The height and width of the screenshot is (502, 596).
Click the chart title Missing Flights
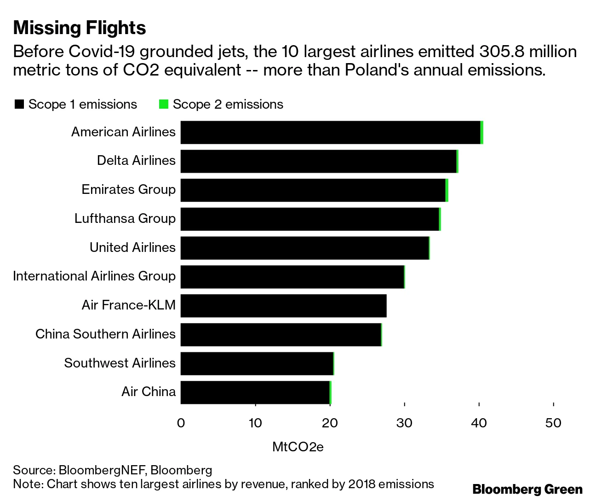pyautogui.click(x=80, y=28)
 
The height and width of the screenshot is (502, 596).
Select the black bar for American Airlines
pyautogui.click(x=330, y=133)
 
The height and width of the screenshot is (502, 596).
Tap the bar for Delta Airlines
pyautogui.click(x=318, y=161)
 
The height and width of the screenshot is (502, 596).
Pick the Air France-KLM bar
pyautogui.click(x=283, y=305)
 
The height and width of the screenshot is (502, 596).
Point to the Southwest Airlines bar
pyautogui.click(x=257, y=363)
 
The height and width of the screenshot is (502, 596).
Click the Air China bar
pyautogui.click(x=255, y=392)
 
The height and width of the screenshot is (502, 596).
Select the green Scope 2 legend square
pyautogui.click(x=163, y=105)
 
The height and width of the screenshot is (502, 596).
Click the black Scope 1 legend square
pyautogui.click(x=19, y=105)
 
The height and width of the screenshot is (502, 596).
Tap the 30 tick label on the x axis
pyautogui.click(x=404, y=423)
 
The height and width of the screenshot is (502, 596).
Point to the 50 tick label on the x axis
pyautogui.click(x=553, y=423)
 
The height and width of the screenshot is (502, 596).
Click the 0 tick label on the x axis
pyautogui.click(x=181, y=423)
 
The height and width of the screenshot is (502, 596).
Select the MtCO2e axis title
pyautogui.click(x=298, y=447)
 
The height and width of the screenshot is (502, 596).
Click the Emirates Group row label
pyautogui.click(x=128, y=189)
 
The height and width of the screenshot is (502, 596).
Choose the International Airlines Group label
pyautogui.click(x=94, y=276)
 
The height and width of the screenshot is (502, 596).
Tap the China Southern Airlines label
pyautogui.click(x=105, y=334)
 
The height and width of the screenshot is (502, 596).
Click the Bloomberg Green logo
pyautogui.click(x=527, y=489)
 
